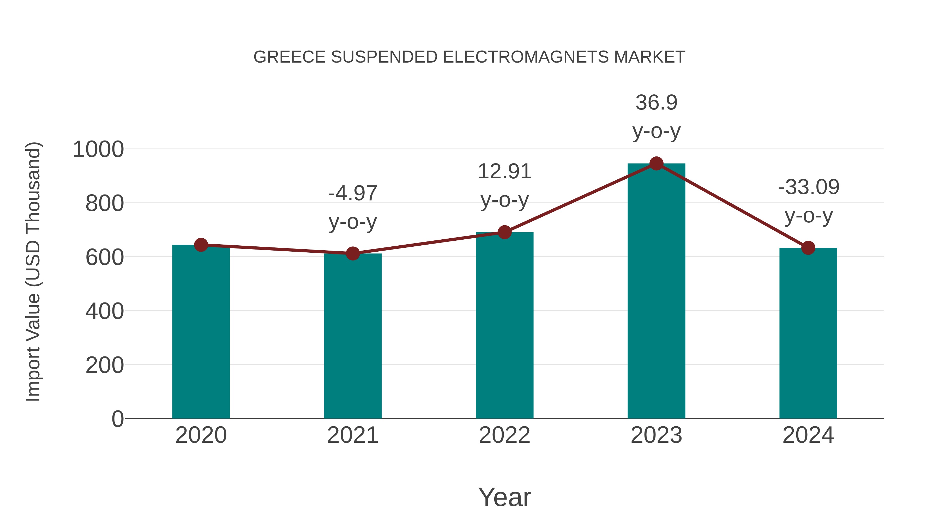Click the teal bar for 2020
click(x=201, y=332)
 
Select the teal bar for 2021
click(x=352, y=336)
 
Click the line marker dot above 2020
click(x=201, y=245)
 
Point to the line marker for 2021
click(x=352, y=253)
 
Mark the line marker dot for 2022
click(x=504, y=232)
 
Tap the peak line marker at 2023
click(x=656, y=163)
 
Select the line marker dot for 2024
click(x=808, y=248)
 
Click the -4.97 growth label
click(x=352, y=193)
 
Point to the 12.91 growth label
click(x=504, y=171)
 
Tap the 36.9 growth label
click(x=656, y=102)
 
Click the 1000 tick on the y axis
click(x=98, y=149)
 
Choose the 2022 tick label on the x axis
click(x=504, y=435)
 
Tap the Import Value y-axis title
click(x=33, y=271)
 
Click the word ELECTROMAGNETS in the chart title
click(x=526, y=57)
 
